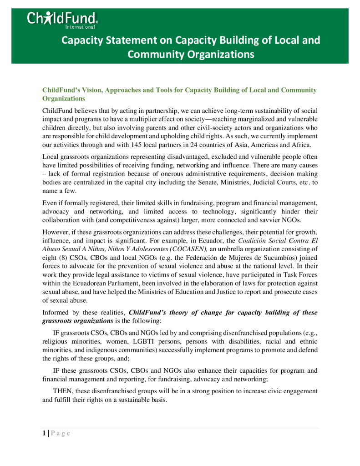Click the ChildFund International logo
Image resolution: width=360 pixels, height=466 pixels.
62,20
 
